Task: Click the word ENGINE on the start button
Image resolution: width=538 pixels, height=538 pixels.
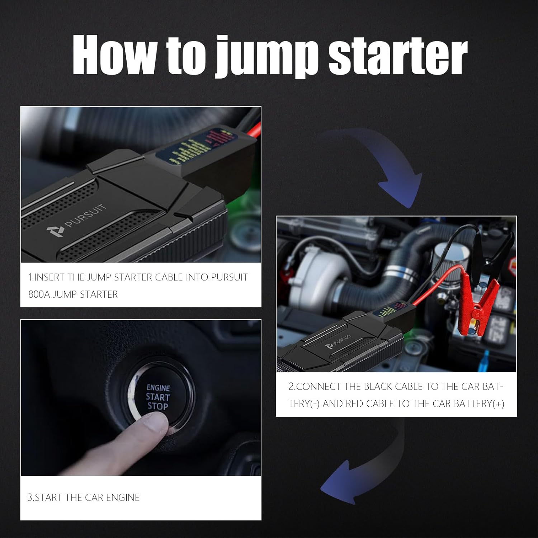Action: click(x=158, y=388)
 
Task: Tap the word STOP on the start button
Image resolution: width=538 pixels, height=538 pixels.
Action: click(x=158, y=406)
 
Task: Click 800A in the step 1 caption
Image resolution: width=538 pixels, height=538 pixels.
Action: click(x=39, y=294)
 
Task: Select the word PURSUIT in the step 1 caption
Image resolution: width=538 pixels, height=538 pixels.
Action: click(x=229, y=277)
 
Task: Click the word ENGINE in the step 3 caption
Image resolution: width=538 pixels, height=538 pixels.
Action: click(x=123, y=497)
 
